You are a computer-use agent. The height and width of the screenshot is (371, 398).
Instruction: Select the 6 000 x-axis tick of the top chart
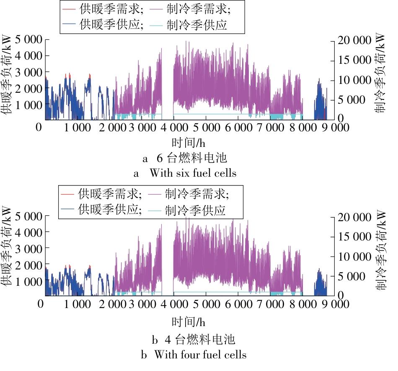point(238,127)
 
